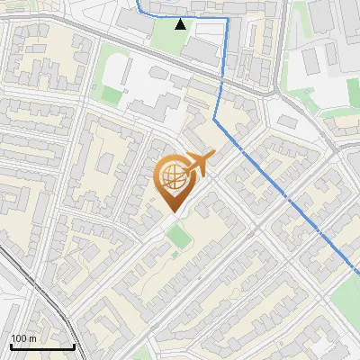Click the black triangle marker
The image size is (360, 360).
[x=181, y=23]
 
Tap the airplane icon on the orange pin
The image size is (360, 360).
[x=196, y=164]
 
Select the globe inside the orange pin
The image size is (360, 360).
[x=174, y=178]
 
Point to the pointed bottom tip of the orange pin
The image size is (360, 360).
[x=173, y=211]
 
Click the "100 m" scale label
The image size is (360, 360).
[x=24, y=338]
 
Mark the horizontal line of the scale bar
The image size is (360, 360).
[x=42, y=346]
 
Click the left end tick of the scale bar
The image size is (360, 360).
[x=11, y=344]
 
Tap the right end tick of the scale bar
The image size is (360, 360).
[x=74, y=344]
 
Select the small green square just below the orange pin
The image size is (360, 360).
[x=179, y=238]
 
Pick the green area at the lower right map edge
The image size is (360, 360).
[x=346, y=297]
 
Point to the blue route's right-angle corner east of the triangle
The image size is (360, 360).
[x=224, y=18]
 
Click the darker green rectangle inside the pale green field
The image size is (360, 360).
[x=111, y=94]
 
